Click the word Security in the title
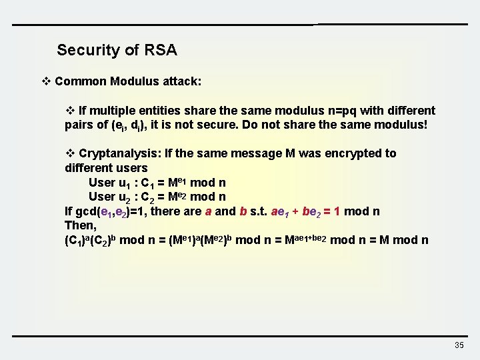(x=82, y=50)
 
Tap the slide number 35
(x=459, y=345)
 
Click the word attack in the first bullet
(x=181, y=81)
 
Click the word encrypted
(x=352, y=153)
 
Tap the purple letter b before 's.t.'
(x=243, y=212)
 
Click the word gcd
(x=87, y=212)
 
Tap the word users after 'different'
(x=132, y=167)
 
